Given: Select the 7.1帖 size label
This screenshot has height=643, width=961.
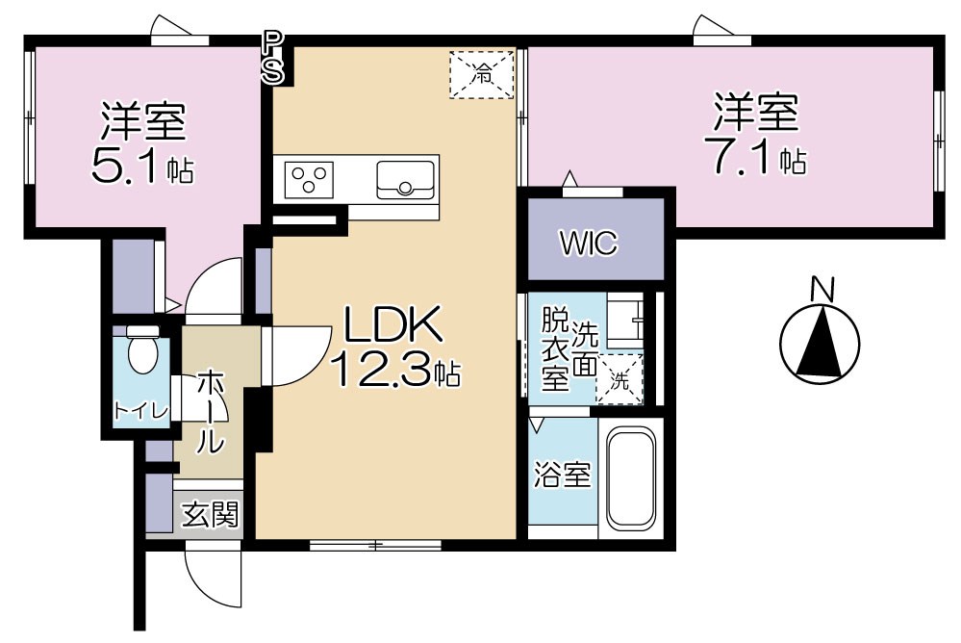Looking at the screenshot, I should tap(756, 158).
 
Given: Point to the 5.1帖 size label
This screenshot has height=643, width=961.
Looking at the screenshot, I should tap(141, 167).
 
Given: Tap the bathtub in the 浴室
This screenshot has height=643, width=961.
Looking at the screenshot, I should tap(630, 476).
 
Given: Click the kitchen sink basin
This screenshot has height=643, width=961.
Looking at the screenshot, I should tap(405, 179).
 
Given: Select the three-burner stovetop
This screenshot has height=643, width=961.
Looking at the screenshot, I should tap(311, 179).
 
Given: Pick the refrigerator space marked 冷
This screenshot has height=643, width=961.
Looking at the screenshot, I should tap(482, 72).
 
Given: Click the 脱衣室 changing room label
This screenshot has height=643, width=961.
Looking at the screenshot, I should tap(554, 347).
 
